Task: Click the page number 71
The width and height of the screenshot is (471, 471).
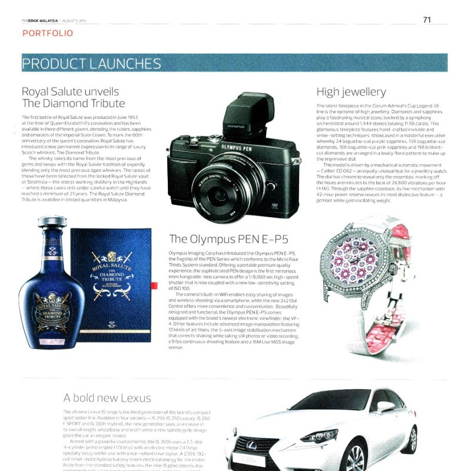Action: pos(427,19)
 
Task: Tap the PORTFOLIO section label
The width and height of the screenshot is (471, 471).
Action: pos(48,34)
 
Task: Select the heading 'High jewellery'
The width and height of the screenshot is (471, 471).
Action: pos(351,92)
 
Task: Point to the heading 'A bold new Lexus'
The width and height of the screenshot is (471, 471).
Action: pos(107,398)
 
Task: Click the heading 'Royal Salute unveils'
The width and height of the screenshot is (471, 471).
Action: pos(70,92)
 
